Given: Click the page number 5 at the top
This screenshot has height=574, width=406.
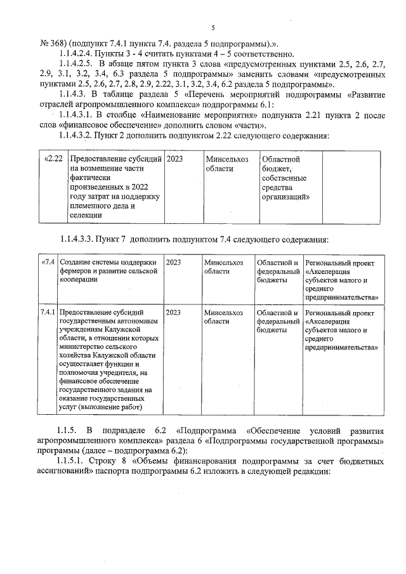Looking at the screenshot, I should [213, 27].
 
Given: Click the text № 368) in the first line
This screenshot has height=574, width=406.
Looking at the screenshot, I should [54, 43].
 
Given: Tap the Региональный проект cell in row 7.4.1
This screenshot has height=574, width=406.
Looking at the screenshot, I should [343, 330].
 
